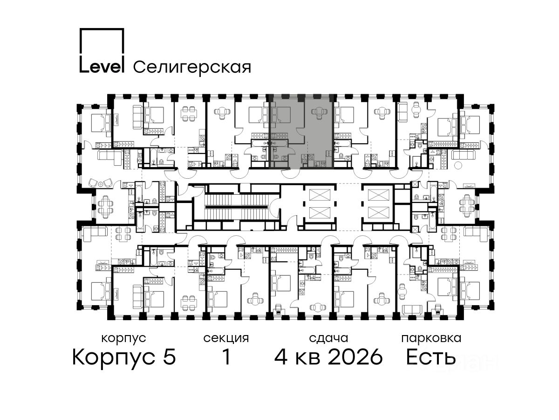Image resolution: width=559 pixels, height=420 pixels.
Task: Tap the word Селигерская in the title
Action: coord(192,68)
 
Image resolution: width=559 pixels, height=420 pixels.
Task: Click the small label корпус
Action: coord(123,339)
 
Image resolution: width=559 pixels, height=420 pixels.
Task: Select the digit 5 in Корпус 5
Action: coord(170,357)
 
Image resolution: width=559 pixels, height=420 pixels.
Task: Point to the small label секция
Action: coord(226,338)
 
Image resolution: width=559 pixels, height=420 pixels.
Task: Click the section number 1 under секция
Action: coord(226,357)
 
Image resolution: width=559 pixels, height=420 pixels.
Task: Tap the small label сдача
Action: coord(328,338)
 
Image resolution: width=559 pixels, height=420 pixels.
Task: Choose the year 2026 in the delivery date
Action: coord(355,357)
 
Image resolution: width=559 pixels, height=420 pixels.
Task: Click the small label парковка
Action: coord(431,339)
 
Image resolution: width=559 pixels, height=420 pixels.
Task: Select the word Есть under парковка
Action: coord(430,357)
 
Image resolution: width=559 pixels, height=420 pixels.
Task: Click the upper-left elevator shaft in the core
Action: coord(320,195)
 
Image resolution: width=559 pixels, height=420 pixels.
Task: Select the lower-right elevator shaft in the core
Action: coord(379,213)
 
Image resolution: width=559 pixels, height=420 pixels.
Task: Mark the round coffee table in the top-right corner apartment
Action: coord(458,166)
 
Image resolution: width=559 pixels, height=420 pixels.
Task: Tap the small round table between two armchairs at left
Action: coord(101,184)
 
